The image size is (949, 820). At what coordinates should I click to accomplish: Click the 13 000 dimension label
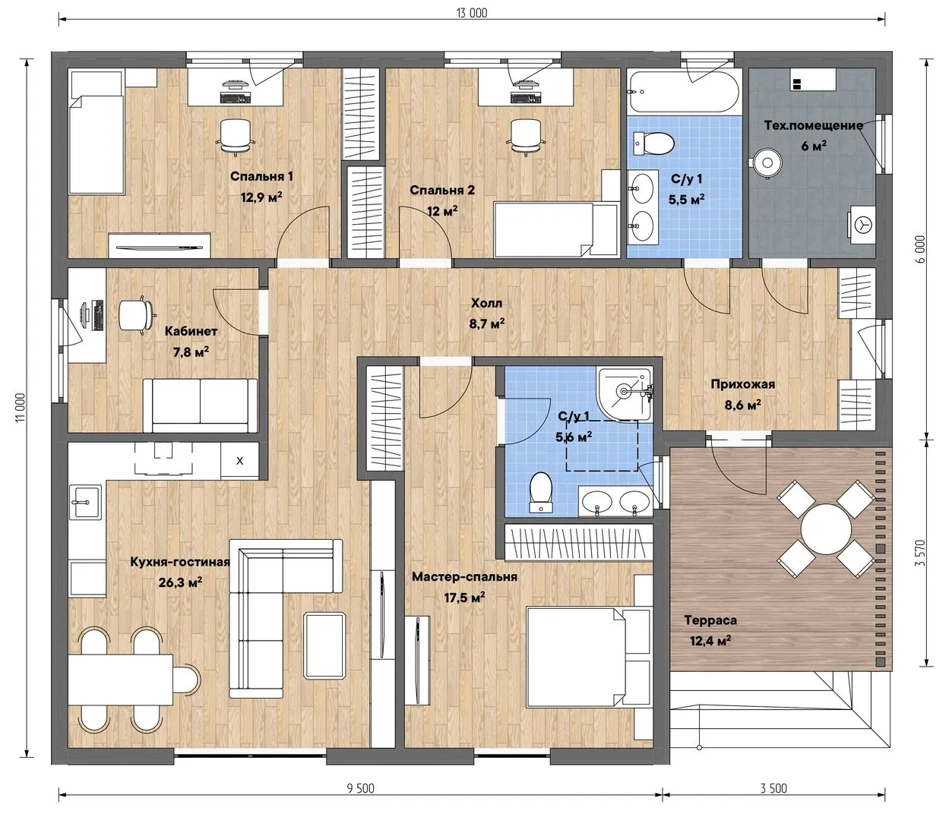click(472, 13)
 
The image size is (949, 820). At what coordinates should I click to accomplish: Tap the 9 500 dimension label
click(360, 788)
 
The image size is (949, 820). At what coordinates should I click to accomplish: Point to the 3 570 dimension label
click(920, 553)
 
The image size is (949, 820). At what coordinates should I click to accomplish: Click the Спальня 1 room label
click(261, 176)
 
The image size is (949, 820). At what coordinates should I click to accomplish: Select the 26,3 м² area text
click(180, 582)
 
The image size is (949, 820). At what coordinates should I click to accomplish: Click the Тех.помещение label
click(813, 126)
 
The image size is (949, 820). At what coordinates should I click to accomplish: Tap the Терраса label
click(710, 620)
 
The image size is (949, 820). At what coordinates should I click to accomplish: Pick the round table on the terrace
click(826, 528)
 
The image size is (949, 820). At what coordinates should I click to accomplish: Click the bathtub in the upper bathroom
click(684, 91)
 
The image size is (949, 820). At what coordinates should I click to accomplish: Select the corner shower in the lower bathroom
click(625, 394)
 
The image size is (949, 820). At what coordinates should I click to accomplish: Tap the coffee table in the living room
click(324, 645)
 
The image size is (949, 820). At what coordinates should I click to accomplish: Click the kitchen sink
click(85, 503)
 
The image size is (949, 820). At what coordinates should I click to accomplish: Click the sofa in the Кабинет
click(200, 405)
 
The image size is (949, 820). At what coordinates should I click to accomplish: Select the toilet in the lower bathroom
click(541, 492)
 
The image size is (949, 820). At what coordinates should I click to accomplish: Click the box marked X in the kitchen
click(239, 461)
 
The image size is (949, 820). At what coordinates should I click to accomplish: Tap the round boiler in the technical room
click(767, 162)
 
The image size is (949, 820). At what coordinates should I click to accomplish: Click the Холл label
click(486, 303)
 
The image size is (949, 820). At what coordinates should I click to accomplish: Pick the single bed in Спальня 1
click(96, 144)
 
